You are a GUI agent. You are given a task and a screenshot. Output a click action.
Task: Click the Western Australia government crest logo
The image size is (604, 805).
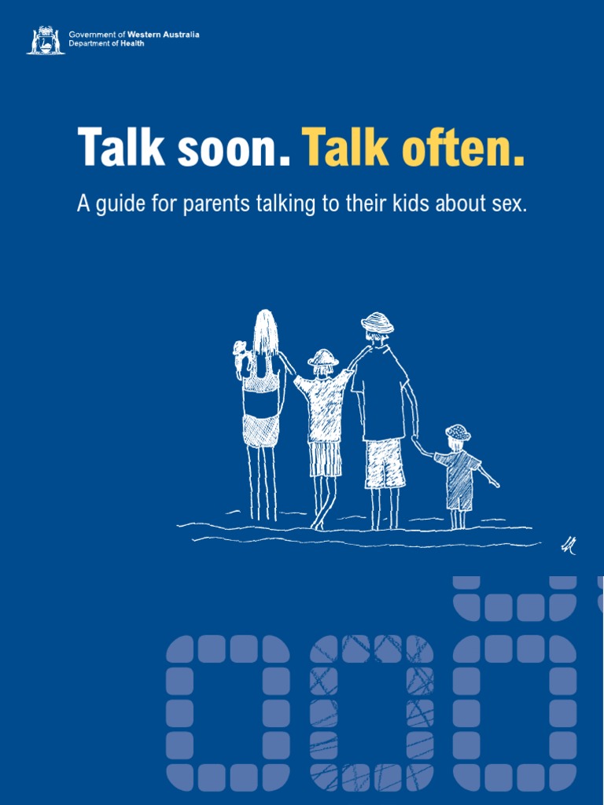pyautogui.click(x=46, y=40)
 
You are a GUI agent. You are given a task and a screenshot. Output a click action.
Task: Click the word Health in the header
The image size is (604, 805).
pyautogui.click(x=131, y=44)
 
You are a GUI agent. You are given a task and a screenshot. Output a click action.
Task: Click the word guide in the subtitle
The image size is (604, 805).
pyautogui.click(x=120, y=205)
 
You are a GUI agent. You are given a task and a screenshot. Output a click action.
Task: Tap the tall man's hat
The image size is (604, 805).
pyautogui.click(x=377, y=322)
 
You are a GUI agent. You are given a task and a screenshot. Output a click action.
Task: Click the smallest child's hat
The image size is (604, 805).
pyautogui.click(x=458, y=432)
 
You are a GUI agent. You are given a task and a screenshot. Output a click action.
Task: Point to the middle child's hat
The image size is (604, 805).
pyautogui.click(x=322, y=358)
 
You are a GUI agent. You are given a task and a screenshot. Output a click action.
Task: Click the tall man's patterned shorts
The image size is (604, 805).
pyautogui.click(x=385, y=464)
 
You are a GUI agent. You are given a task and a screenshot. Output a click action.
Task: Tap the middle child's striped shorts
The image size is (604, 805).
pyautogui.click(x=325, y=458)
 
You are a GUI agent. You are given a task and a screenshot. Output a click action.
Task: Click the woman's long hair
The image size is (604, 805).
pyautogui.click(x=265, y=332)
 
